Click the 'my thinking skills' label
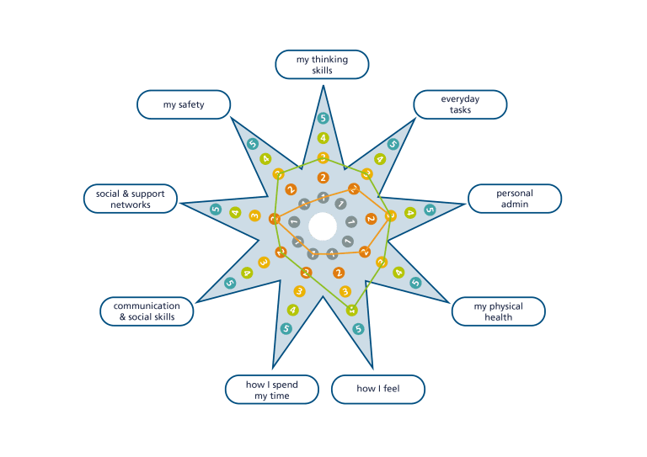(322, 65)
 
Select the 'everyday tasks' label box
(460, 104)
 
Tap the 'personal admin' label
(515, 199)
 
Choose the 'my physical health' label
(498, 311)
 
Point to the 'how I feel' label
(377, 389)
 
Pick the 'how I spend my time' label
(271, 389)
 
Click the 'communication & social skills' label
(147, 311)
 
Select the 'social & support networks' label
(130, 199)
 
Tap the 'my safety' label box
(184, 105)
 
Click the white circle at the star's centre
(323, 226)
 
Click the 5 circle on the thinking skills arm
(323, 119)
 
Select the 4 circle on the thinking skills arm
(323, 138)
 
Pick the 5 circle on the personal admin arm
(430, 210)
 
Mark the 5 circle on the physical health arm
(415, 284)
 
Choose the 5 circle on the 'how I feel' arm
(358, 328)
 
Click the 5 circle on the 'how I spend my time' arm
(286, 328)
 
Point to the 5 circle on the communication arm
(230, 284)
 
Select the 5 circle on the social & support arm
(216, 210)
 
